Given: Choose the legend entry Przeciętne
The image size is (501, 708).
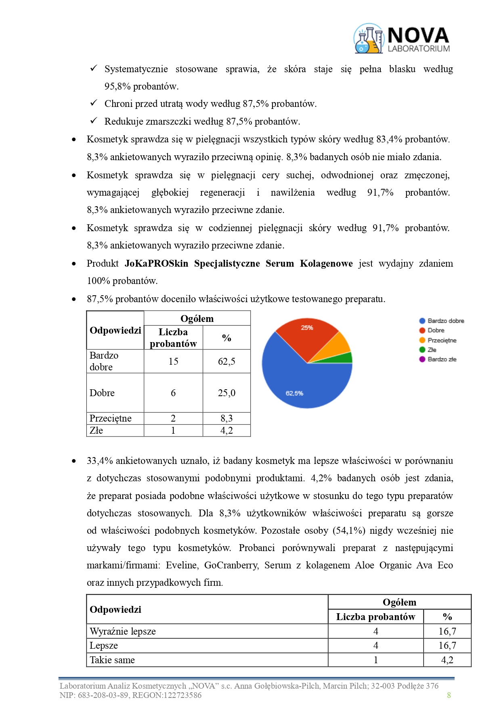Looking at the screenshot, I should [x=442, y=340].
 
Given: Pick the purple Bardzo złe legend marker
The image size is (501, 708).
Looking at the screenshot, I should [x=422, y=359].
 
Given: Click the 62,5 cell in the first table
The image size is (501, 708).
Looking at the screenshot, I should [x=226, y=361].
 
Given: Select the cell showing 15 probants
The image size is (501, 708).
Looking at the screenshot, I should [x=173, y=361].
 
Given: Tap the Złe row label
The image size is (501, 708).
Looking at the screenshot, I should [x=96, y=430].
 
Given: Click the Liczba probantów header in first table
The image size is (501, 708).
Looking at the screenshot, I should [x=173, y=338].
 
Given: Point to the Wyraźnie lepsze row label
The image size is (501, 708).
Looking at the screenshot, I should [x=123, y=631].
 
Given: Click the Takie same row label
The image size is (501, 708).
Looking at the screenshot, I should [x=112, y=660].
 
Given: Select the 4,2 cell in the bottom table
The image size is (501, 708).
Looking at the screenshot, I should [x=447, y=660].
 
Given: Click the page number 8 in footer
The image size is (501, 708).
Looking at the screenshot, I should [x=449, y=695].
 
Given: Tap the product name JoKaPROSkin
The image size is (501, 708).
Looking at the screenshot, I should [x=157, y=263].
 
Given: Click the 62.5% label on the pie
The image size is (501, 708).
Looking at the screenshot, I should [x=294, y=393].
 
